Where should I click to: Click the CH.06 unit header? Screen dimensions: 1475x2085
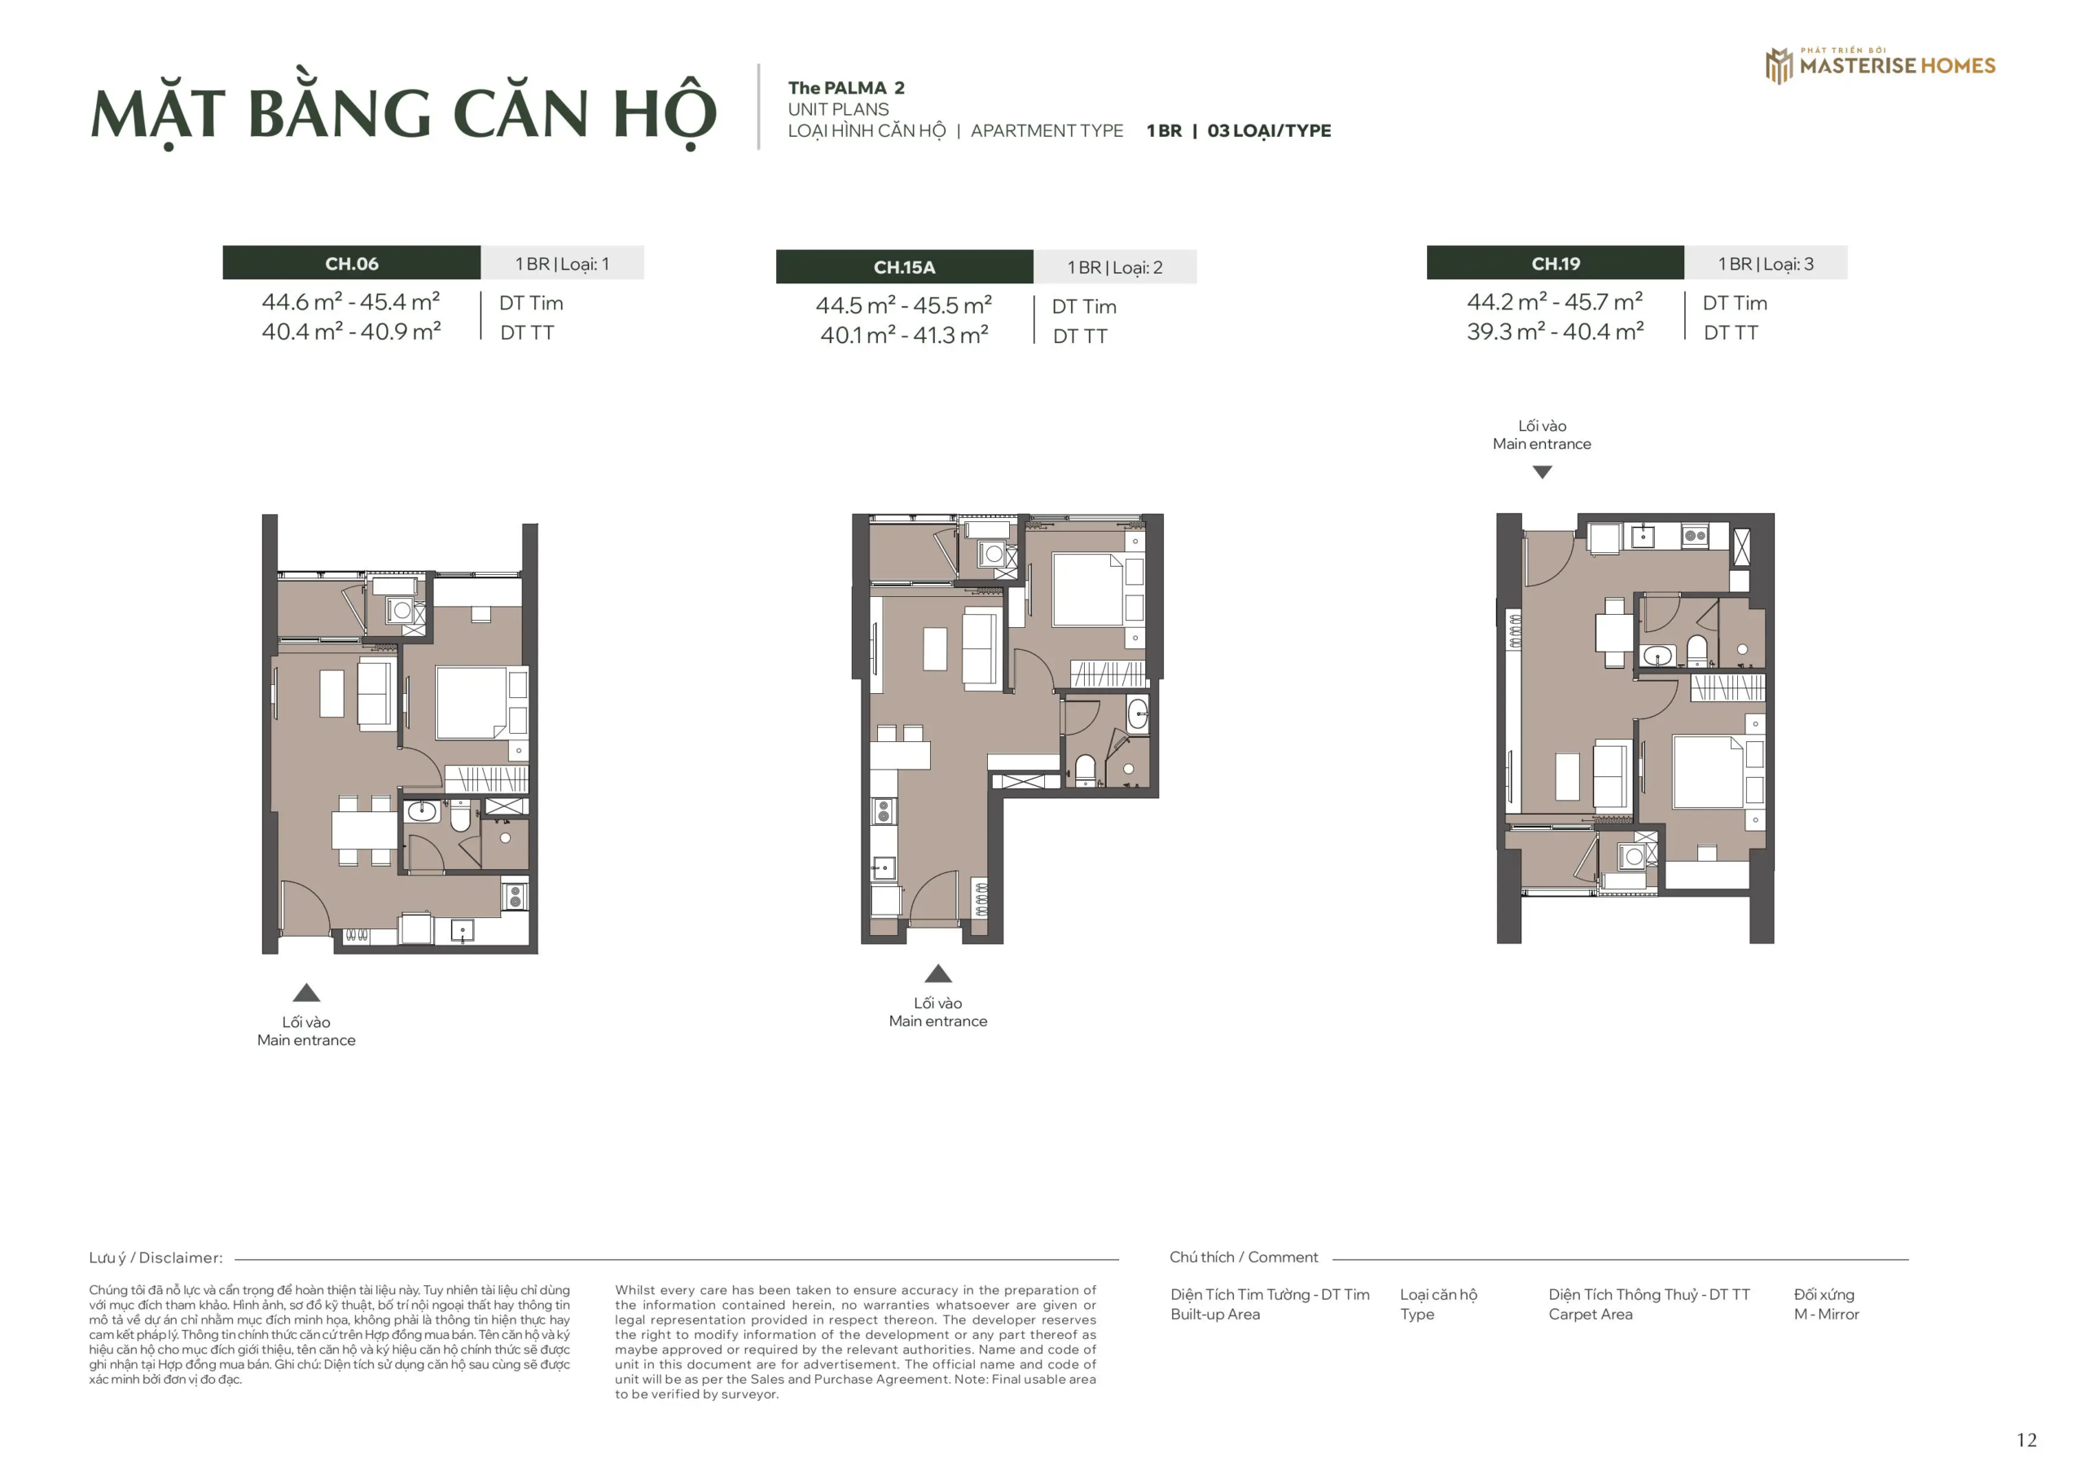(351, 263)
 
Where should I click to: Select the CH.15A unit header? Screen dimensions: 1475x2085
(903, 267)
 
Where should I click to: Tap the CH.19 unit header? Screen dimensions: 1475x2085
(1555, 263)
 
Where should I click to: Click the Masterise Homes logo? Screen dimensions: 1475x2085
(1880, 65)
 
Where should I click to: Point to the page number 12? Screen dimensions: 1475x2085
(2026, 1440)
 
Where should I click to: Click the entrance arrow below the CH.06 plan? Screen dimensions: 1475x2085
(307, 993)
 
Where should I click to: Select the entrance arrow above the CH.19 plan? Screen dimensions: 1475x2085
(1542, 472)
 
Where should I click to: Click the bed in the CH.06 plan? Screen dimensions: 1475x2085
(472, 703)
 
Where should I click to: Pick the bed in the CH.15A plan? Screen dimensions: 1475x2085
(1088, 590)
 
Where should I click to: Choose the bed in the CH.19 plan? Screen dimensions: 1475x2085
(1708, 771)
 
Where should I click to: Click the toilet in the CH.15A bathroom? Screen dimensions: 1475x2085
(1085, 768)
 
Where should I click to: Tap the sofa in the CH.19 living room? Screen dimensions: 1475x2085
(1613, 774)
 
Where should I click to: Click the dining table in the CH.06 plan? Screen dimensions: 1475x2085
(363, 830)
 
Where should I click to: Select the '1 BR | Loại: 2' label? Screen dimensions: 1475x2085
(1114, 267)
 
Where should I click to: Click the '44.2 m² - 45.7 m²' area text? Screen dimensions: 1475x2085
(1555, 301)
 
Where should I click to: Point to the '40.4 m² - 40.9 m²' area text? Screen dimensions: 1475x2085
(351, 331)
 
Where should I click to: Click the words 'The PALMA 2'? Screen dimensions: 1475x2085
(845, 88)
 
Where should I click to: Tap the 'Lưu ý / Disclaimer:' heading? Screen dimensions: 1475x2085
(156, 1258)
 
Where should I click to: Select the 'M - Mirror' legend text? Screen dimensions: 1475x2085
(1826, 1315)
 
